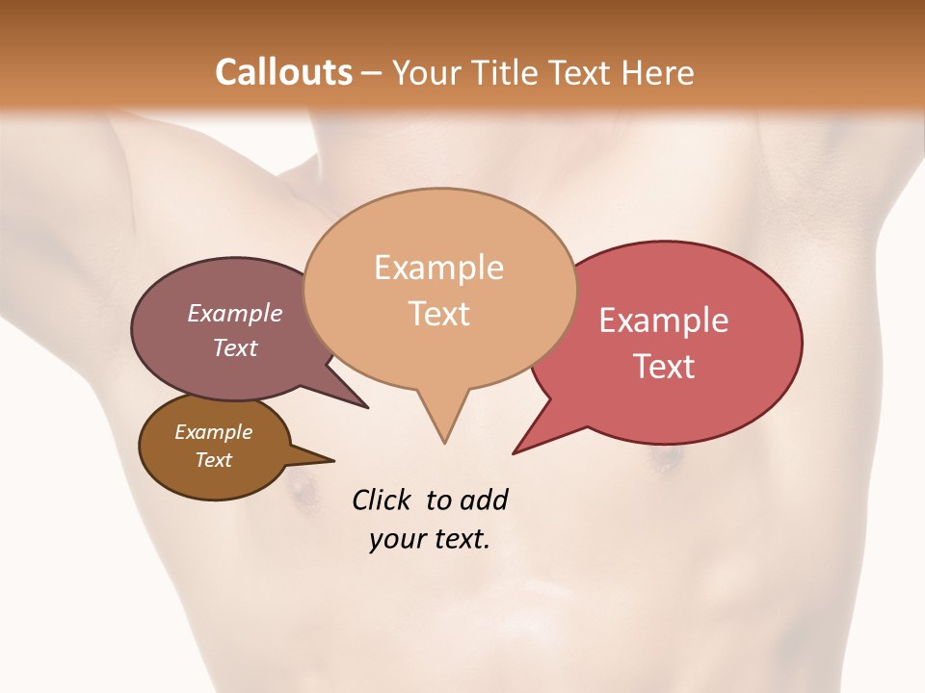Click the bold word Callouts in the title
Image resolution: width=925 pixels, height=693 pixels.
click(283, 72)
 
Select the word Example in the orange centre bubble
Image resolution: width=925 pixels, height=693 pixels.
click(438, 268)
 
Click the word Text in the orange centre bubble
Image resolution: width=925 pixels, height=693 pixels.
click(438, 314)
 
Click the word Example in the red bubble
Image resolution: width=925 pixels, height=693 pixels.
click(664, 321)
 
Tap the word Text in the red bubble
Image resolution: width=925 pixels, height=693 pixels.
click(664, 367)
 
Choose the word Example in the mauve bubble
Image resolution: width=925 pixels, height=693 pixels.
click(235, 313)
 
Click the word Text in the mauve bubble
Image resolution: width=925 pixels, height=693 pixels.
click(235, 347)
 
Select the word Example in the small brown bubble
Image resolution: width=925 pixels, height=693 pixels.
click(213, 432)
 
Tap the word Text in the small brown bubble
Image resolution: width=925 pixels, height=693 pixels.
click(213, 460)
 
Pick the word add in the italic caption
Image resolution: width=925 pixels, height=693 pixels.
click(484, 500)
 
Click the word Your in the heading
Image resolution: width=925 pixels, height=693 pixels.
click(422, 72)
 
